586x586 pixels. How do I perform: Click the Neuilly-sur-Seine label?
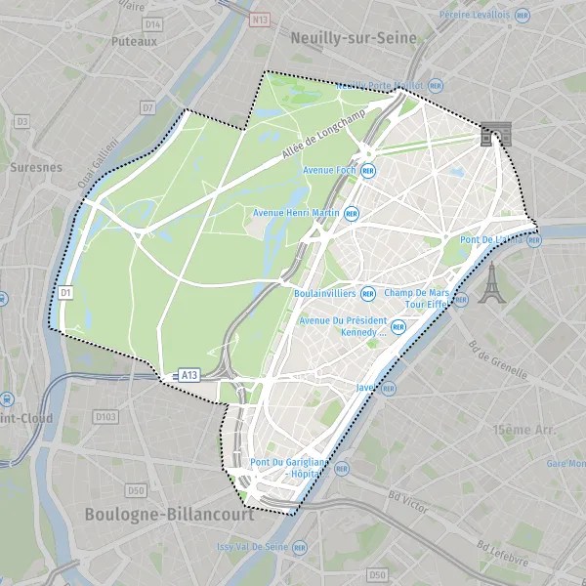tap(354, 38)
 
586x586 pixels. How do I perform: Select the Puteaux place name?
tap(134, 42)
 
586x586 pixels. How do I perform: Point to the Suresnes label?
tap(35, 167)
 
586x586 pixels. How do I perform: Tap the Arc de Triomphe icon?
tap(489, 135)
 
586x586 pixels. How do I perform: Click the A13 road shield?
tap(188, 374)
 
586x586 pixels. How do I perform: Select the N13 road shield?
tap(259, 19)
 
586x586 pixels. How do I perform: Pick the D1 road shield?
tap(66, 291)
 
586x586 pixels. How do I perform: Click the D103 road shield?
tap(105, 417)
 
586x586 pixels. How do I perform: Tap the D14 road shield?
tap(151, 23)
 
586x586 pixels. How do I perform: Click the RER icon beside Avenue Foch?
tap(368, 170)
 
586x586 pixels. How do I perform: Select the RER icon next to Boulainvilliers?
tap(368, 292)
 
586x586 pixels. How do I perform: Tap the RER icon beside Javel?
tap(389, 388)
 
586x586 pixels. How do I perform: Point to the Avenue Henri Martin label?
tap(295, 213)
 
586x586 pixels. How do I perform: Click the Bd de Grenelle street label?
tap(498, 358)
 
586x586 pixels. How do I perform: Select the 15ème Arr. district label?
tap(524, 430)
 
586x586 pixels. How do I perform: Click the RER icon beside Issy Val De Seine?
tap(299, 548)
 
